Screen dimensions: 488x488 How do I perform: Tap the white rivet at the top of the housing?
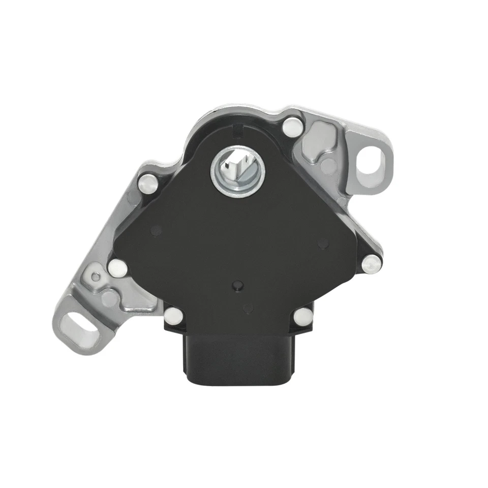pos(291,127)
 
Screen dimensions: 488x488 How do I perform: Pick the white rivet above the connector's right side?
pos(303,315)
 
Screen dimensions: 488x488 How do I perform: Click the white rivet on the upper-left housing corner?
pos(147,183)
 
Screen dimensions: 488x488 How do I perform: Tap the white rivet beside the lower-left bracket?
pos(117,267)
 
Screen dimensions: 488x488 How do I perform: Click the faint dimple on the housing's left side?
pos(156,231)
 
